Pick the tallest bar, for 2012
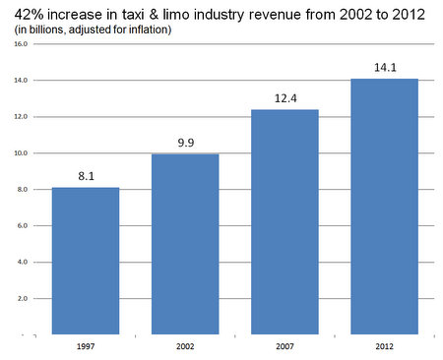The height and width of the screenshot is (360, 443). pos(385,207)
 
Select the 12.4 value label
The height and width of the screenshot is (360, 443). pos(285,99)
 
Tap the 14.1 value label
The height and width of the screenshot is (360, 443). pos(385,68)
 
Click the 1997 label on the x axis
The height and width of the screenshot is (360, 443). pos(86,347)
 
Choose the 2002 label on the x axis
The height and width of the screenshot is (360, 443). pos(185,347)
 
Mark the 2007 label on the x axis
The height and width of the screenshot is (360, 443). pos(285,347)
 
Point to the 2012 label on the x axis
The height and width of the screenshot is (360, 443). pos(385,347)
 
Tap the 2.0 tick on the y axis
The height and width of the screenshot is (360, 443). pos(20,298)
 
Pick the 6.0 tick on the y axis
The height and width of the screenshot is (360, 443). pos(20,226)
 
